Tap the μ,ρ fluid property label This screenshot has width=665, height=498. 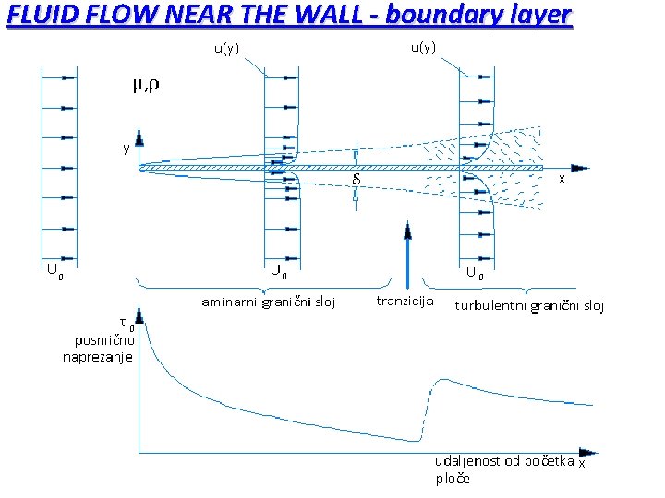[x=143, y=86]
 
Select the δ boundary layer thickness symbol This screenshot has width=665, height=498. [x=357, y=181]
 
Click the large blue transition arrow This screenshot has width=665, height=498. [x=406, y=254]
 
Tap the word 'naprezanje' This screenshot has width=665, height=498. [x=98, y=357]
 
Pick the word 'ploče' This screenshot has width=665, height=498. [x=453, y=479]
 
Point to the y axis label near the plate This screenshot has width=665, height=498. [x=127, y=148]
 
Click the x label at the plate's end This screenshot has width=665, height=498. [x=562, y=180]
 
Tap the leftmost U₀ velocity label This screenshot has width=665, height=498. [x=56, y=271]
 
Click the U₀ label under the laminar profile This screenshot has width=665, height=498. [x=278, y=271]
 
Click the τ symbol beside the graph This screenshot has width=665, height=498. [x=124, y=321]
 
